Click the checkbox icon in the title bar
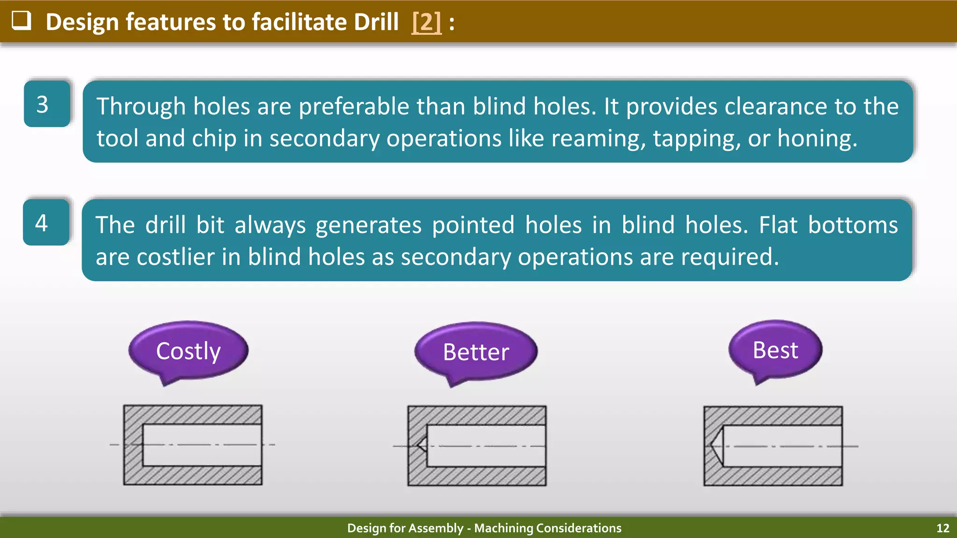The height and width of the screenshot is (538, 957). [21, 21]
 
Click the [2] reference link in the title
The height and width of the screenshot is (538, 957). [426, 22]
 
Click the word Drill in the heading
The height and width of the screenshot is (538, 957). [376, 22]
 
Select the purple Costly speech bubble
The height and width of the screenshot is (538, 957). [188, 351]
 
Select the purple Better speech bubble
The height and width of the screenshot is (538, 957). [476, 352]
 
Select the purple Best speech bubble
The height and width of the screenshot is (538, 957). [775, 350]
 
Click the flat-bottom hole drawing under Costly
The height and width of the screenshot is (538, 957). [193, 445]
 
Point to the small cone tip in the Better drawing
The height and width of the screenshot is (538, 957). [422, 445]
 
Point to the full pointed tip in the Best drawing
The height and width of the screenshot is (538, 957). [717, 446]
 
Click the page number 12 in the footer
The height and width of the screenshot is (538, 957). [943, 528]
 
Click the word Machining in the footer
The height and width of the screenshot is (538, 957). [503, 528]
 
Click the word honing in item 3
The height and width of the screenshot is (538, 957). [817, 139]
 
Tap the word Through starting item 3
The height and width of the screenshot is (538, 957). [141, 106]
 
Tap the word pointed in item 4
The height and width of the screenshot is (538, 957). [473, 225]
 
